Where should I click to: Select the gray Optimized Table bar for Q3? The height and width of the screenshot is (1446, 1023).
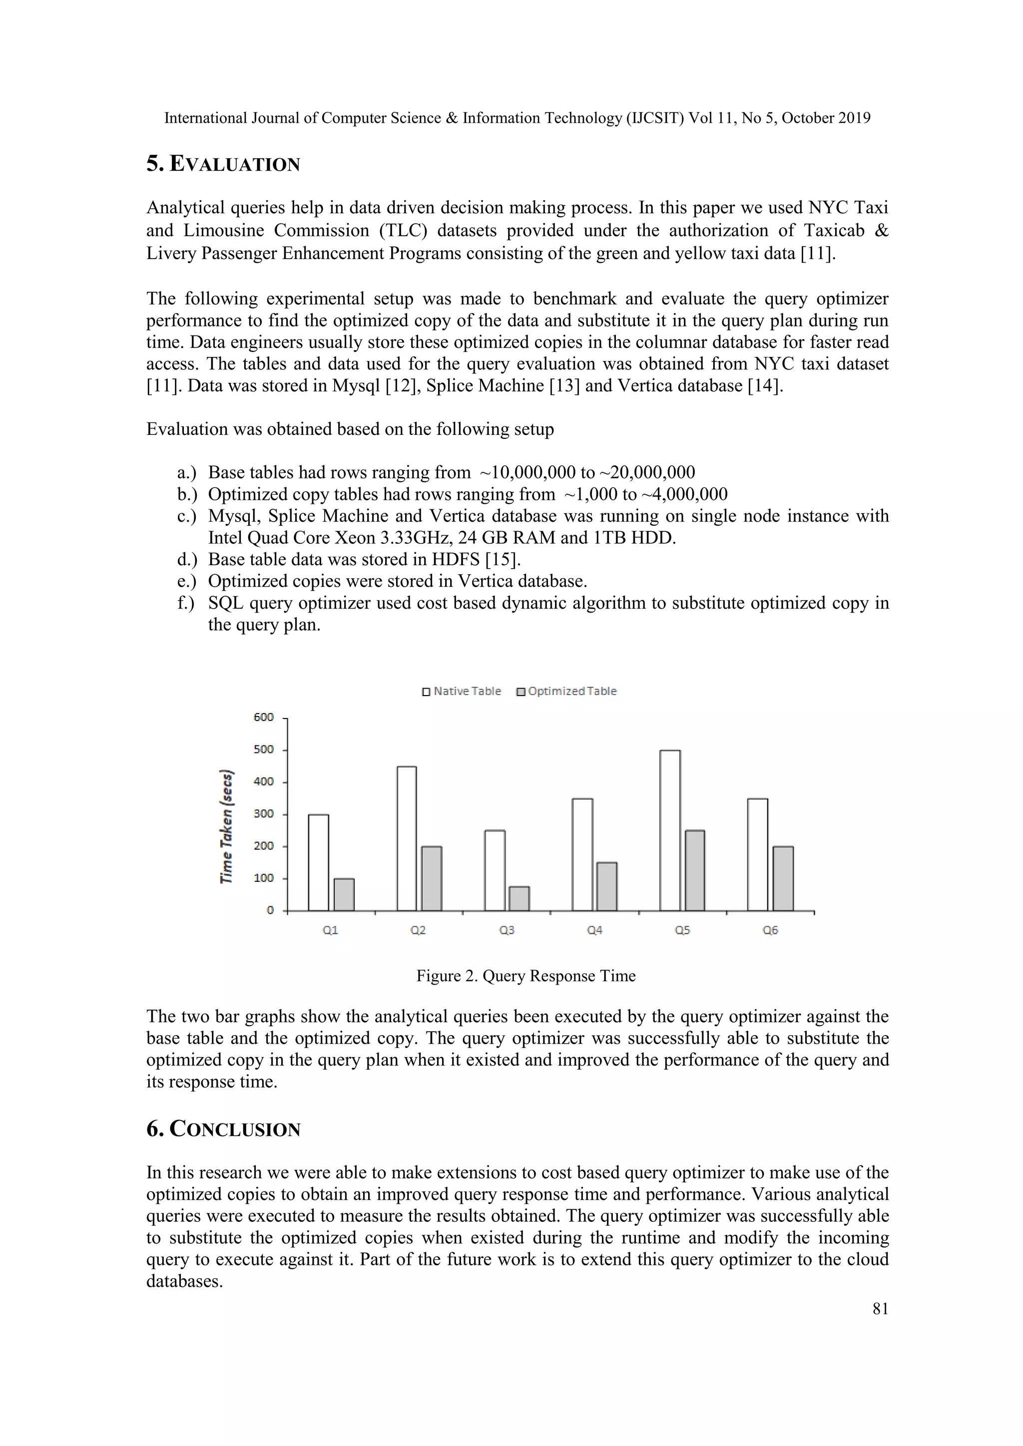click(x=519, y=899)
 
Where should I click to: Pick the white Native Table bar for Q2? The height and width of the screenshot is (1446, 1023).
click(x=406, y=838)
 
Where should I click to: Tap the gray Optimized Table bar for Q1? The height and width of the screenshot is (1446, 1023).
click(x=344, y=894)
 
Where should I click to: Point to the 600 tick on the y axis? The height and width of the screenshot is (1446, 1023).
click(x=263, y=718)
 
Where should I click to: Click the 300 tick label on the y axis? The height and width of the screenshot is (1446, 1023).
click(x=263, y=814)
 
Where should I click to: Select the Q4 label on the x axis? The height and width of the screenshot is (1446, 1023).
click(x=594, y=930)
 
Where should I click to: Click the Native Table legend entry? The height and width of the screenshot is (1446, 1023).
click(x=461, y=692)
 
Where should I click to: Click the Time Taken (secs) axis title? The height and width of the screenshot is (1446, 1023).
click(x=226, y=826)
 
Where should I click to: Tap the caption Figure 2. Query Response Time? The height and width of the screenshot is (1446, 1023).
click(x=525, y=976)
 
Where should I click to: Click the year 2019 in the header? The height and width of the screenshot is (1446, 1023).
click(x=854, y=118)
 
